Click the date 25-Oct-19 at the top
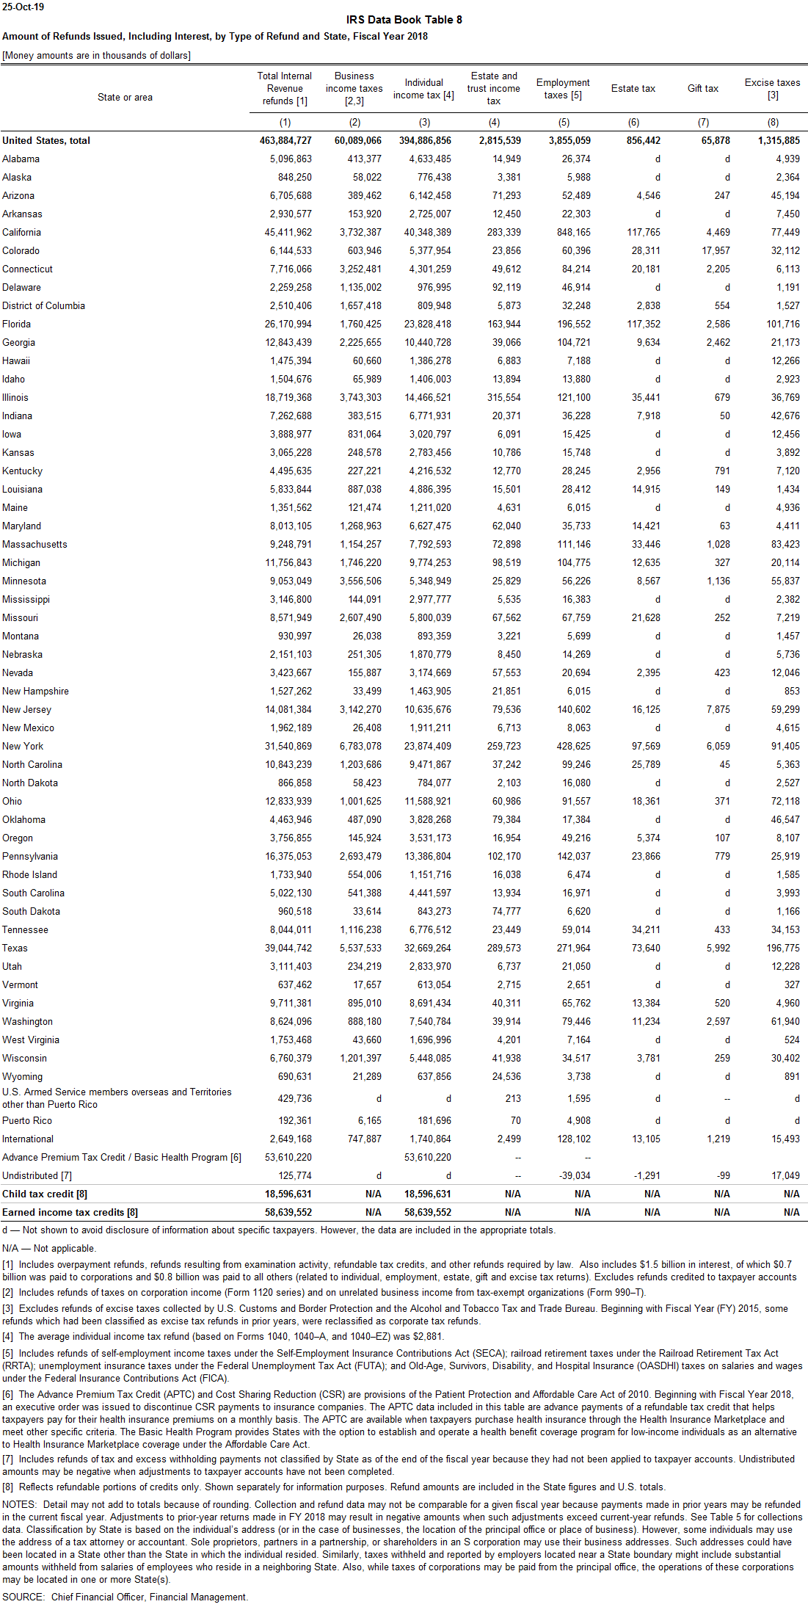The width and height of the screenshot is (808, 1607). point(23,7)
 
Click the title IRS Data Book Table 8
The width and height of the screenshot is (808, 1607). point(404,20)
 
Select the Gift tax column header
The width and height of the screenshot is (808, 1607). point(702,89)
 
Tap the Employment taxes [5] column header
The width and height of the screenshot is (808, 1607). point(563,89)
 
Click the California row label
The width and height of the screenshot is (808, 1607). point(21,233)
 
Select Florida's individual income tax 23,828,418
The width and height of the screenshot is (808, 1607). point(428,324)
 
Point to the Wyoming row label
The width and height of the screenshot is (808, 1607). point(22,1077)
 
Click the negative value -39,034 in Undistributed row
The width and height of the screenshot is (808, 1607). point(575,1176)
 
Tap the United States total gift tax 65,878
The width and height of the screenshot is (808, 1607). point(716,141)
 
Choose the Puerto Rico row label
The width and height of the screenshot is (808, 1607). point(27,1121)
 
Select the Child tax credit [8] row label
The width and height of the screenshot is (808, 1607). point(45,1194)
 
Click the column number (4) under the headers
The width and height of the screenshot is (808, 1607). point(494,123)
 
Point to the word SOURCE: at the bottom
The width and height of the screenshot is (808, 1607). point(23,1597)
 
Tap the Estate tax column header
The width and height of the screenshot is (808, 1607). point(633,89)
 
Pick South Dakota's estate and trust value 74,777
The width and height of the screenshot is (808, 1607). point(506,912)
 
